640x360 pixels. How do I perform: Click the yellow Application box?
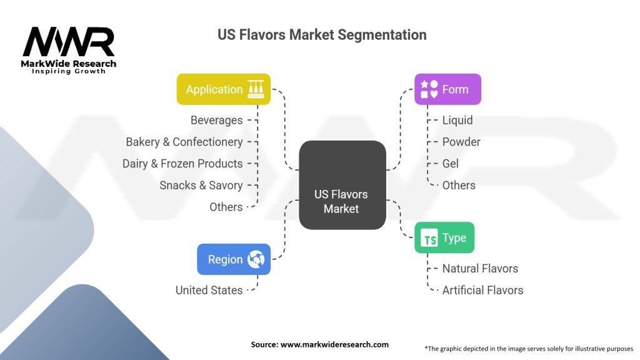point(223,89)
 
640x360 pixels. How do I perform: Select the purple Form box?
point(447,89)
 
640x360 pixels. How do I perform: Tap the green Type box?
point(444,237)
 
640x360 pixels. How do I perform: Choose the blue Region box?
point(234,259)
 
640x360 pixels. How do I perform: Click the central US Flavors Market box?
point(342,185)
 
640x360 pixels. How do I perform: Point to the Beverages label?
point(216,120)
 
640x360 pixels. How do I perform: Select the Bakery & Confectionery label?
point(184,142)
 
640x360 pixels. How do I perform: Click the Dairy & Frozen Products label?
point(182,163)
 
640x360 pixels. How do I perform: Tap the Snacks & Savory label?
point(201,185)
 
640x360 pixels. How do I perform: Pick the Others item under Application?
point(226,207)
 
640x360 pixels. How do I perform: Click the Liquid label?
point(457,120)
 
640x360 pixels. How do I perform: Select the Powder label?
point(461,142)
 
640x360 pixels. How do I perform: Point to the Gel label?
point(450,163)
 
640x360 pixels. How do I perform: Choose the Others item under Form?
point(459,185)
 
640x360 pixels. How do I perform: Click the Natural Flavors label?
point(480,268)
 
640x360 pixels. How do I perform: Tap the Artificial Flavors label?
point(482,290)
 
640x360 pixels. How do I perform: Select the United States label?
point(209,290)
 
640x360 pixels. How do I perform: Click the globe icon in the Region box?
point(256,259)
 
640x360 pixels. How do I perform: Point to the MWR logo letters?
point(69,42)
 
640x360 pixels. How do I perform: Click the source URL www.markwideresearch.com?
point(334,344)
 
